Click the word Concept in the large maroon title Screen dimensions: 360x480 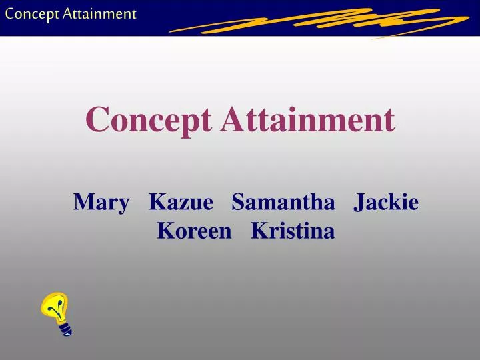[x=149, y=121]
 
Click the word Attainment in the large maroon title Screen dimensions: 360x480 [x=308, y=119]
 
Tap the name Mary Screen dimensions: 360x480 [x=101, y=201]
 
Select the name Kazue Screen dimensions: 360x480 [x=181, y=201]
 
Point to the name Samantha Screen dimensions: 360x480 [x=283, y=201]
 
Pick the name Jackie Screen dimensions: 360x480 [x=387, y=201]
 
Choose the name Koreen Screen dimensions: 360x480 [x=195, y=231]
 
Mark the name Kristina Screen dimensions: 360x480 [x=293, y=231]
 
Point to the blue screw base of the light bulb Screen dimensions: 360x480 [x=65, y=328]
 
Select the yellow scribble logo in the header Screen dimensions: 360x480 [x=320, y=22]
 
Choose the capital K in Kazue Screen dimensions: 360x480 [x=157, y=201]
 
